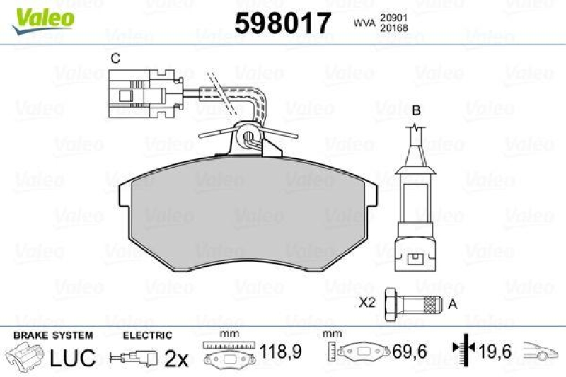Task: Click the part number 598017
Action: (x=282, y=24)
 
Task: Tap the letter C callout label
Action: (x=114, y=59)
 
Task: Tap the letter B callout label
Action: (x=417, y=110)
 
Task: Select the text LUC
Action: (x=72, y=358)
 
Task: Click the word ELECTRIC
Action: (x=148, y=335)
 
